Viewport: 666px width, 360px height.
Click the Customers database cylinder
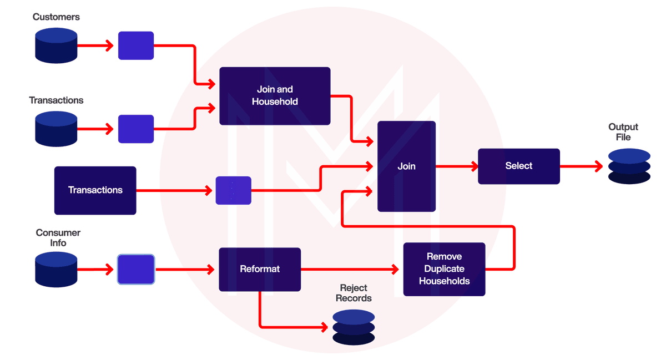pyautogui.click(x=56, y=45)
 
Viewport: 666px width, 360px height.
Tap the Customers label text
pyautogui.click(x=56, y=17)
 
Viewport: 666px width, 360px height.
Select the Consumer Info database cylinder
pyautogui.click(x=56, y=269)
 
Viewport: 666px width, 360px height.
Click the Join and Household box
pyautogui.click(x=275, y=95)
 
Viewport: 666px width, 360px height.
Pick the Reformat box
pyautogui.click(x=260, y=269)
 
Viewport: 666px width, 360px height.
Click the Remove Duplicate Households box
pyautogui.click(x=444, y=269)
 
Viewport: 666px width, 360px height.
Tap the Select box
pyautogui.click(x=519, y=166)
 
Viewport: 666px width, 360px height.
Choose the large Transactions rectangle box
pyautogui.click(x=95, y=190)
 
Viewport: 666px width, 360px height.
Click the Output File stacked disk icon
pyautogui.click(x=629, y=166)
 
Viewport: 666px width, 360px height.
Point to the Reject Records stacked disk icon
pyautogui.click(x=354, y=327)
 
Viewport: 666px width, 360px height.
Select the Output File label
pyautogui.click(x=623, y=132)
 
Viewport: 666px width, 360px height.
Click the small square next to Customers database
pyautogui.click(x=136, y=45)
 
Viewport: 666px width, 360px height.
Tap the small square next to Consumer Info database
pyautogui.click(x=136, y=269)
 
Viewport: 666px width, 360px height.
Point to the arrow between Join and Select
pyautogui.click(x=457, y=166)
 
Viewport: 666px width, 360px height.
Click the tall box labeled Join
pyautogui.click(x=407, y=166)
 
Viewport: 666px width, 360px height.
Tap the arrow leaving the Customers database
pyautogui.click(x=97, y=46)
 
